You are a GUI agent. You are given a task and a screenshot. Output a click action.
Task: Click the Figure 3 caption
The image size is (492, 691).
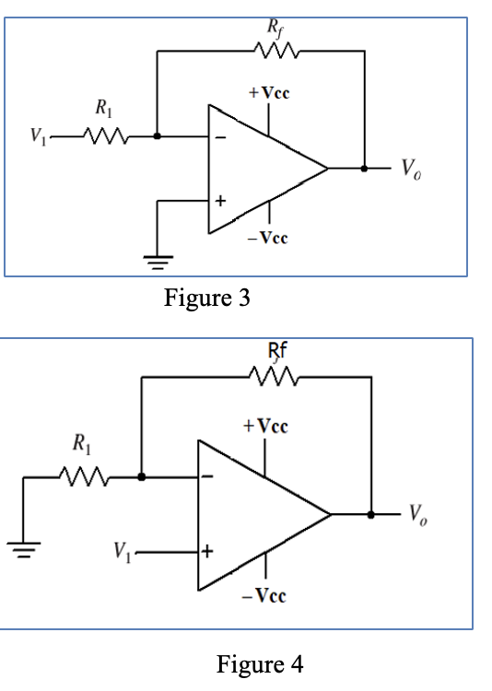click(x=206, y=299)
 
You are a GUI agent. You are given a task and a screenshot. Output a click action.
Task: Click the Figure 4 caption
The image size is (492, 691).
click(x=259, y=663)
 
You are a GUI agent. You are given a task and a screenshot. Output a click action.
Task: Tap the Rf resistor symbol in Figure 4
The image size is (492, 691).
click(x=273, y=377)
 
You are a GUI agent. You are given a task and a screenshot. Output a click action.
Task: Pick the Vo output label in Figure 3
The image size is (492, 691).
click(x=408, y=170)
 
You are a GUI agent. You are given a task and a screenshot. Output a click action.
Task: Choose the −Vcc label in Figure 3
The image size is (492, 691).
click(x=268, y=239)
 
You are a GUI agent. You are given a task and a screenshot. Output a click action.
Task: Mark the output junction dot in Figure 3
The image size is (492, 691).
click(x=364, y=169)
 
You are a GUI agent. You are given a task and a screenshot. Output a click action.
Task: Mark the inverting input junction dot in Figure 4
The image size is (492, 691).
click(x=141, y=477)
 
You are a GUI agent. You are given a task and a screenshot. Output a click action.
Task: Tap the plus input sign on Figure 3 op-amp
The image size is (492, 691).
click(x=220, y=200)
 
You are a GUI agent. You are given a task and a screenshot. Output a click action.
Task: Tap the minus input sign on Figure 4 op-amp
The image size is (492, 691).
click(x=208, y=477)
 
